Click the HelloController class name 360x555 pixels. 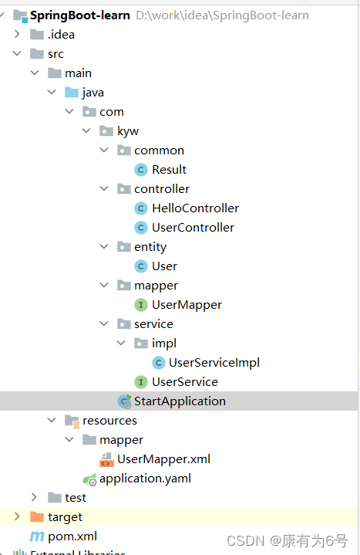coord(195,208)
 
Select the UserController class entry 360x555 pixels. coord(193,228)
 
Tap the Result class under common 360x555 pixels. coord(169,170)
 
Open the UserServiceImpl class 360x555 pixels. coord(214,363)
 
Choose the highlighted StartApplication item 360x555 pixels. coord(180,401)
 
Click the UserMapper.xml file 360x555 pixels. coord(163,459)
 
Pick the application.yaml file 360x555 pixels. coord(145,479)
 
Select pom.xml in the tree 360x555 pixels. coord(72,536)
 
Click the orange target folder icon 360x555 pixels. coord(37,516)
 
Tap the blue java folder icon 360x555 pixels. coord(72,93)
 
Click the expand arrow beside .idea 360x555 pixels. coord(17,34)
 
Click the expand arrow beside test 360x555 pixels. coord(34,497)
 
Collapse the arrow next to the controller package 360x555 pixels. coord(104,188)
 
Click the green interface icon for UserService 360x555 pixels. coord(141,382)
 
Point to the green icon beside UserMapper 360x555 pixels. coord(141,305)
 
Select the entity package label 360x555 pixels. coord(150,247)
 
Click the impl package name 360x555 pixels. coord(164,343)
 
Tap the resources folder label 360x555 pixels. coord(109,421)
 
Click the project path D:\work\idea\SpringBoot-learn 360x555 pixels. coord(223,15)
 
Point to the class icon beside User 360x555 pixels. coord(141,266)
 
